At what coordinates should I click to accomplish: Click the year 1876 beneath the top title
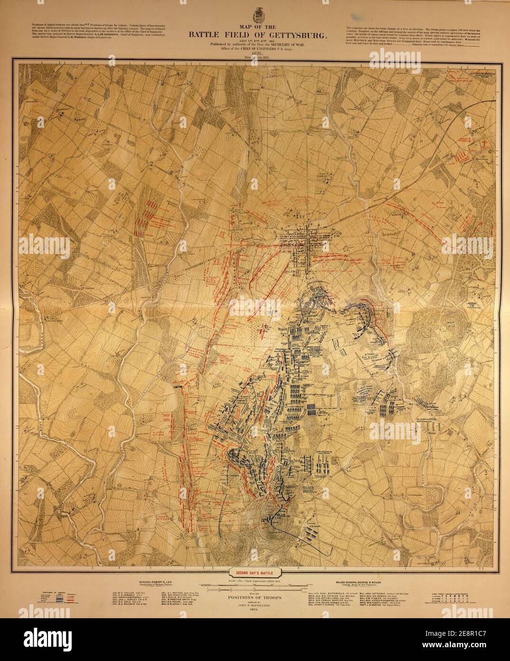tap(257, 54)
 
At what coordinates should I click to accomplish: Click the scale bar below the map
tap(255, 587)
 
